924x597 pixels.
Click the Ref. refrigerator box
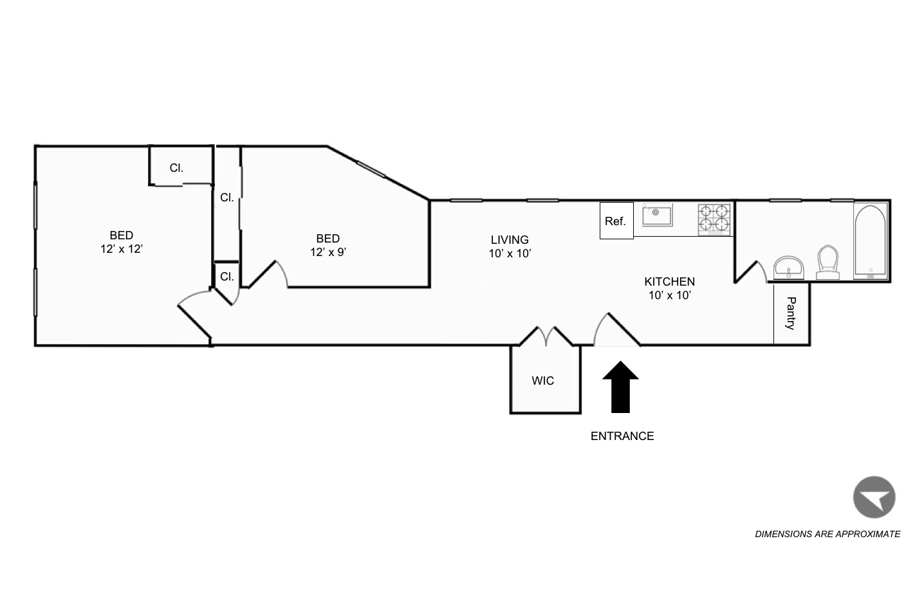click(616, 221)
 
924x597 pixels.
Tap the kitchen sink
click(657, 216)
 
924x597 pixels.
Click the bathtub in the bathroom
click(871, 242)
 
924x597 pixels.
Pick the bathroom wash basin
click(789, 267)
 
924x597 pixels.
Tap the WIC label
click(542, 381)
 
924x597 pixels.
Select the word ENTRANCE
click(622, 436)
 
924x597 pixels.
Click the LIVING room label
click(509, 240)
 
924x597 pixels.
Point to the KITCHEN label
click(669, 282)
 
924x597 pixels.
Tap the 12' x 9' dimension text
click(328, 252)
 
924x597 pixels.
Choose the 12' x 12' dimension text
click(121, 249)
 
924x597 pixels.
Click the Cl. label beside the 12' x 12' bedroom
click(176, 168)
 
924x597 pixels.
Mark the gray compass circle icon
click(874, 497)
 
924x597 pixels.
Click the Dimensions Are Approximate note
click(827, 534)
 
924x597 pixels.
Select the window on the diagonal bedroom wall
click(371, 169)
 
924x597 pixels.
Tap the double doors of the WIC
click(546, 336)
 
